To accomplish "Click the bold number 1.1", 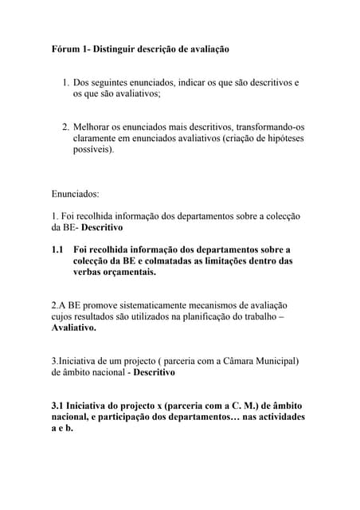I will (57, 249).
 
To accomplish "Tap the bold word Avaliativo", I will (73, 328).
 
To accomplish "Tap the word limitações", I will (233, 261).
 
